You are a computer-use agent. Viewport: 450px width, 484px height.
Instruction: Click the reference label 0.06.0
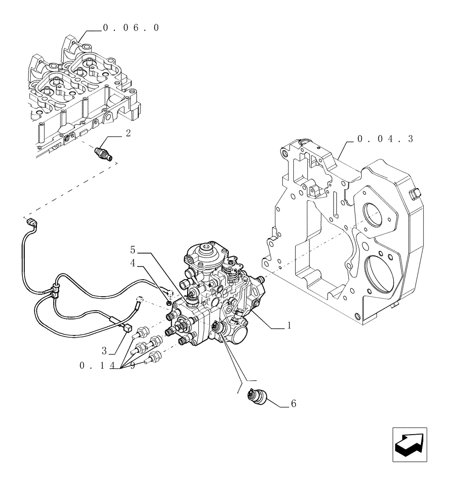(x=130, y=28)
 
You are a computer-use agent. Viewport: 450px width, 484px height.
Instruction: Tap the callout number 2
(x=128, y=134)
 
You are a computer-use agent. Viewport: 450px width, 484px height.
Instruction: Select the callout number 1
(x=289, y=326)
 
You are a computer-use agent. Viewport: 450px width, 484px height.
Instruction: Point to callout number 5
(x=133, y=250)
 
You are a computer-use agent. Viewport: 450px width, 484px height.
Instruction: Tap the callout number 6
(x=293, y=403)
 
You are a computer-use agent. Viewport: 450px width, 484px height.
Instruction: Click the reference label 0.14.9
(x=107, y=366)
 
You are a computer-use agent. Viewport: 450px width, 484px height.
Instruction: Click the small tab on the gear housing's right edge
(x=414, y=194)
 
